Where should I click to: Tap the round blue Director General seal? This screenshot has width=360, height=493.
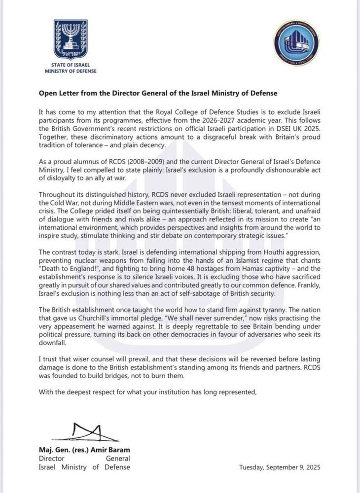pos(295,44)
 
